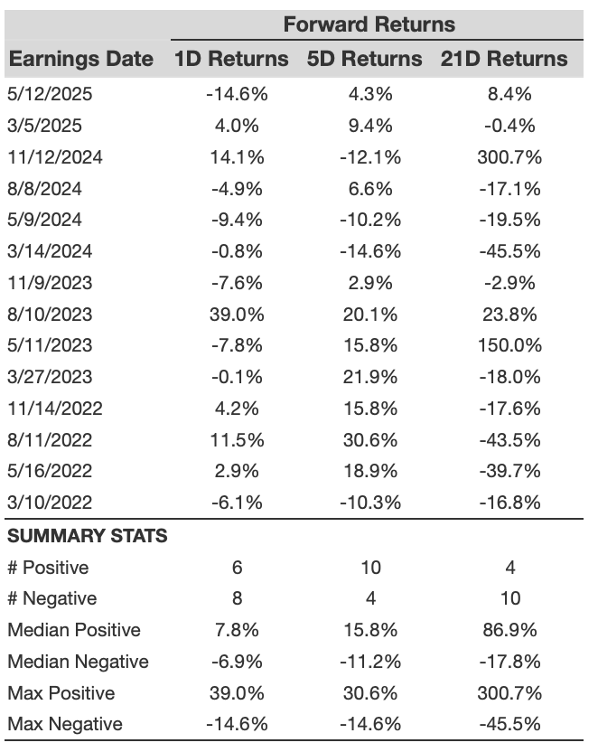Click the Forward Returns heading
point(369,24)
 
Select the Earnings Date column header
point(81,59)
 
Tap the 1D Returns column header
point(231,59)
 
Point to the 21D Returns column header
point(504,59)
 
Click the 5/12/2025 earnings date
point(50,94)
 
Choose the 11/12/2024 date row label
point(55,157)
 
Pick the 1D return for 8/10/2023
point(237,315)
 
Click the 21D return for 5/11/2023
point(509,345)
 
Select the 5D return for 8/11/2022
point(370,440)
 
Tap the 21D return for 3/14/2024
point(509,251)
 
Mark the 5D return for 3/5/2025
point(370,126)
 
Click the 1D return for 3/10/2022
point(237,503)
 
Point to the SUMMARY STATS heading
point(88,536)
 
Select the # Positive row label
point(49,568)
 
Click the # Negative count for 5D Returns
point(371,598)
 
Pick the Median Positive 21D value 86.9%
point(509,630)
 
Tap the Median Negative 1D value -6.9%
point(237,662)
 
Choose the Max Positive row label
point(61,693)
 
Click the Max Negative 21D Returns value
point(509,724)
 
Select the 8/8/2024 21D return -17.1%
point(509,189)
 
